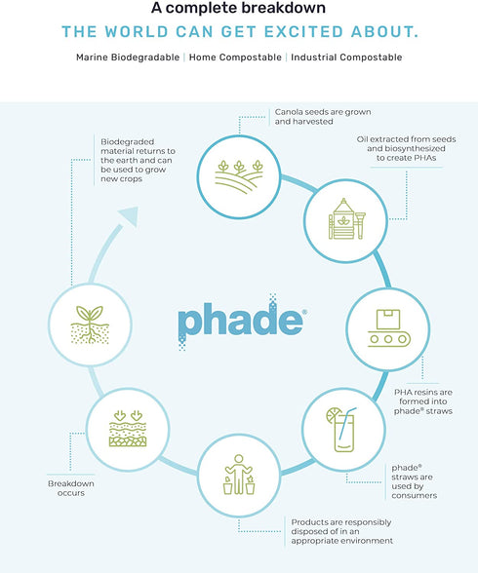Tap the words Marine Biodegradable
click(127, 57)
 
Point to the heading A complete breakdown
click(239, 9)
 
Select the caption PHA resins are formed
click(421, 401)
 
